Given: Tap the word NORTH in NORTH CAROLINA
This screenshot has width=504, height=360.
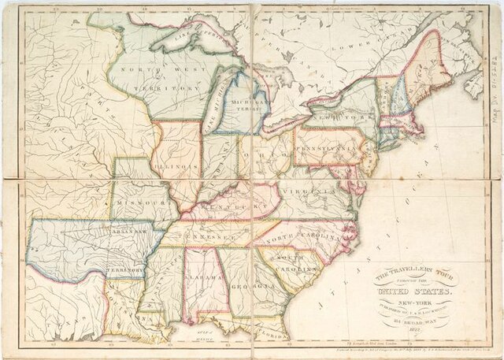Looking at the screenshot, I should (280, 238).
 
